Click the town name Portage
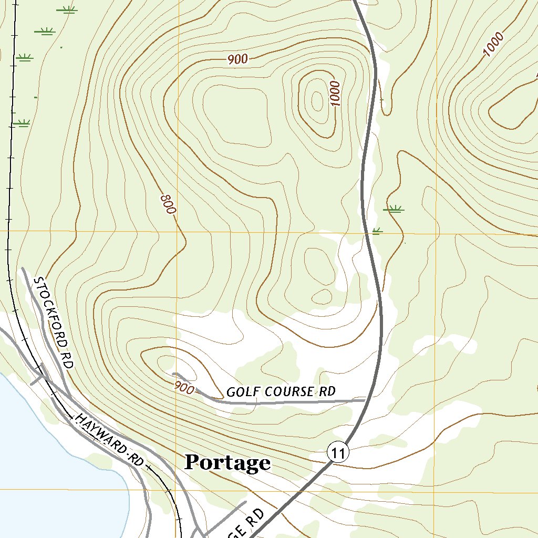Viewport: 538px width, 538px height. (x=227, y=463)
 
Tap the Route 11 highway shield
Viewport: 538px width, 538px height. (x=337, y=452)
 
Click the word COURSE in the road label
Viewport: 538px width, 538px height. (x=289, y=391)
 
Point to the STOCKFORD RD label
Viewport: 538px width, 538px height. (x=52, y=322)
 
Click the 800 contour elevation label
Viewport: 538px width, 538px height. (x=168, y=204)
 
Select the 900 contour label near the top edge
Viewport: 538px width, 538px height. (x=237, y=60)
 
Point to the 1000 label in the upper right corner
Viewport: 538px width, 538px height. (x=493, y=45)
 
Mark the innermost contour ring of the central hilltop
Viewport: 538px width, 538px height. (x=317, y=99)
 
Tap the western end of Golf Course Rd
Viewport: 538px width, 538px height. (x=173, y=374)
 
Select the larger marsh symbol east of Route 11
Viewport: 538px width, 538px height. (x=394, y=209)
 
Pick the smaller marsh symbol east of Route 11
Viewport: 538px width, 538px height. (x=377, y=230)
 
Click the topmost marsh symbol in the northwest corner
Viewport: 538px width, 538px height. (x=67, y=9)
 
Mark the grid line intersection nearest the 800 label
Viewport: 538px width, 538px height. (x=176, y=231)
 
